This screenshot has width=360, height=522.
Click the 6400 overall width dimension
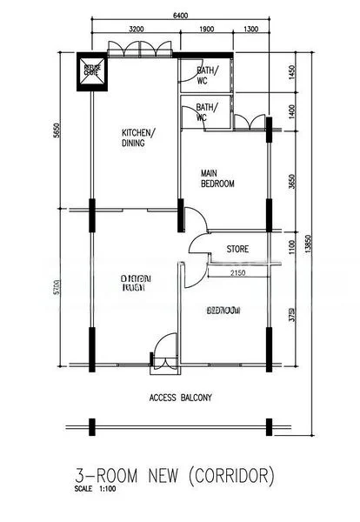point(179,15)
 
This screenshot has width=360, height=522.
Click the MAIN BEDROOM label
point(218,178)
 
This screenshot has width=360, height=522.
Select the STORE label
point(237,249)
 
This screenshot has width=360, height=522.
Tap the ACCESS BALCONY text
point(181,398)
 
